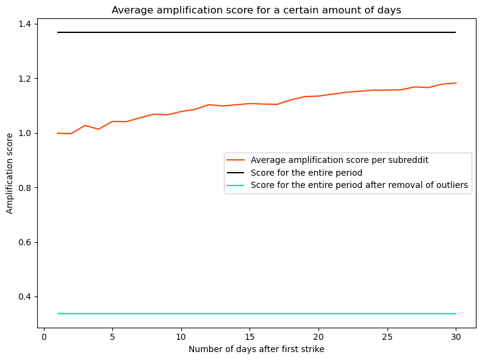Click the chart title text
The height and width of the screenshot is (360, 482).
[256, 10]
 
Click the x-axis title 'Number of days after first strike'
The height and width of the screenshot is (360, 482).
[256, 349]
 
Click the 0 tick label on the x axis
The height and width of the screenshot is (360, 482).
[44, 336]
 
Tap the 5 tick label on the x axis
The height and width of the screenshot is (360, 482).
[113, 336]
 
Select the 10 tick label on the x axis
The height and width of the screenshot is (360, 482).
[181, 336]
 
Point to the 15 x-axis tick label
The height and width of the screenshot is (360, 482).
[250, 336]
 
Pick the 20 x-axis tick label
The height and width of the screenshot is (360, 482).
[318, 336]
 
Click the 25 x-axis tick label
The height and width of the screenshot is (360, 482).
[387, 336]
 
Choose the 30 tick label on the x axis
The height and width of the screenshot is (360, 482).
[456, 336]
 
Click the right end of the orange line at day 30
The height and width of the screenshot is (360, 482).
[456, 83]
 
